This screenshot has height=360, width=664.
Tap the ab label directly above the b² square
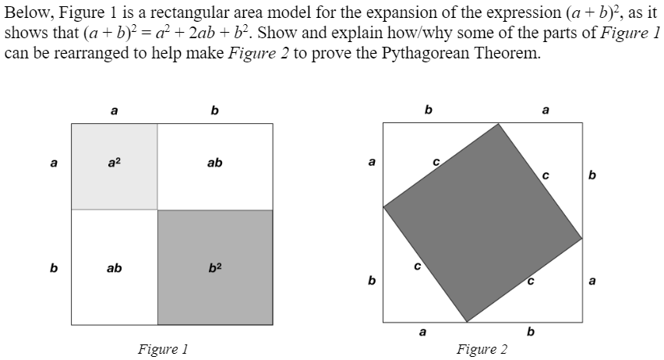coord(215,163)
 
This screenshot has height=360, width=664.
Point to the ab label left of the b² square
coord(114,268)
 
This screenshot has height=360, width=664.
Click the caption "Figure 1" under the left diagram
coord(161,348)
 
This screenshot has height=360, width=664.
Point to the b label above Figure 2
coord(427,110)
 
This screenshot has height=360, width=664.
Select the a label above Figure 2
coord(545,110)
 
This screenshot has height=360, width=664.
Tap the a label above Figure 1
coord(114,111)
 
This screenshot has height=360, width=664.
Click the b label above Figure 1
coord(214,111)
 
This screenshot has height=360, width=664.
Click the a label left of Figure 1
coord(53,164)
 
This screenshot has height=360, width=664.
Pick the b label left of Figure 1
coord(53,268)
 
